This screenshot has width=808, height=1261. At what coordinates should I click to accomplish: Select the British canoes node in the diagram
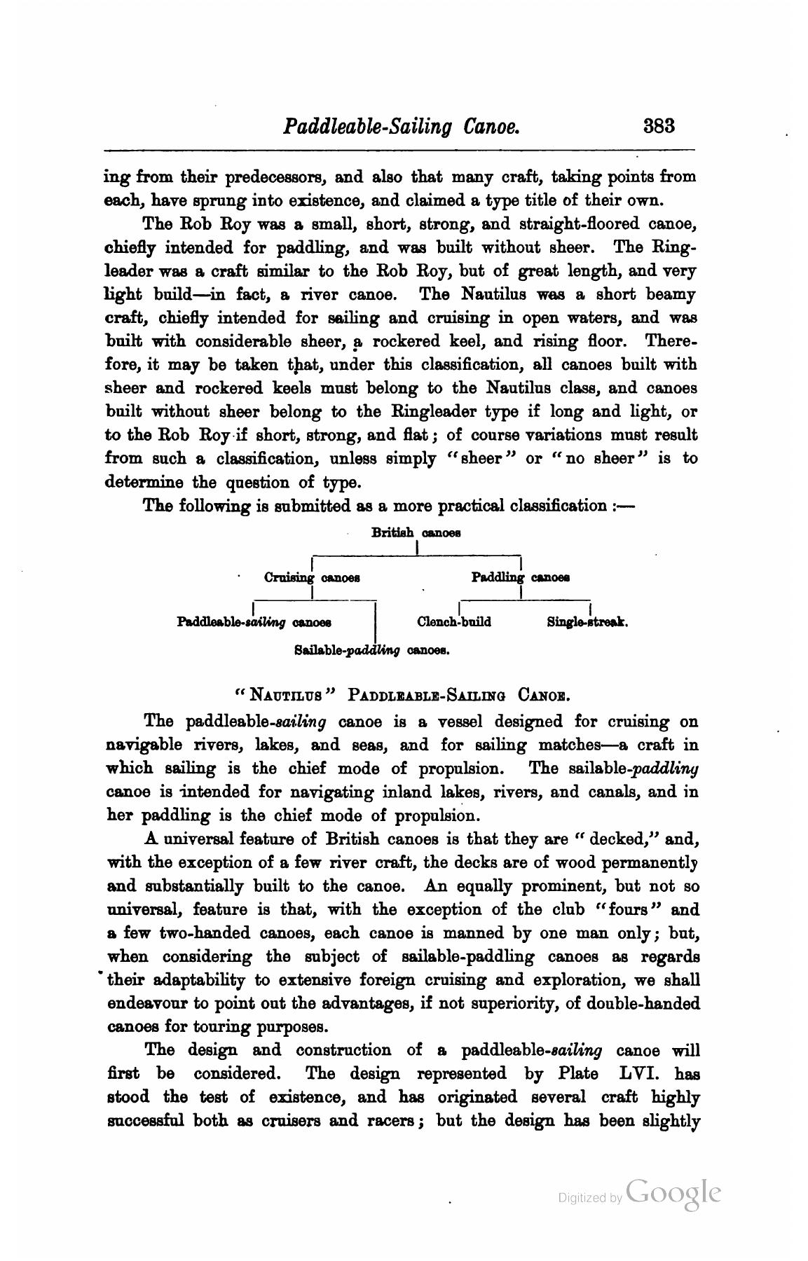[x=416, y=532]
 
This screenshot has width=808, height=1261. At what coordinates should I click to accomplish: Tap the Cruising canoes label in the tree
[x=312, y=578]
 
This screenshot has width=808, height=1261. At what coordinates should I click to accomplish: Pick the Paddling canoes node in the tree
[x=519, y=578]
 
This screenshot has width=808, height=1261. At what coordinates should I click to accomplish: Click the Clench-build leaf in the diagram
[x=453, y=621]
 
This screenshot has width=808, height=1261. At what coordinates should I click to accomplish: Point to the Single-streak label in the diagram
[x=587, y=621]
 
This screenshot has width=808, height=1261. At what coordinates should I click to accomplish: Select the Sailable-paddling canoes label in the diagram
[x=371, y=650]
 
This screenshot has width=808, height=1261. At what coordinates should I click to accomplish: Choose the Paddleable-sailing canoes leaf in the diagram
[x=254, y=621]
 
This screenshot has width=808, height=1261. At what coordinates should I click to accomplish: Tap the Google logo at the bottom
[x=673, y=1193]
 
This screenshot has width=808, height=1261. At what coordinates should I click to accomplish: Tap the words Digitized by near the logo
[x=589, y=1198]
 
